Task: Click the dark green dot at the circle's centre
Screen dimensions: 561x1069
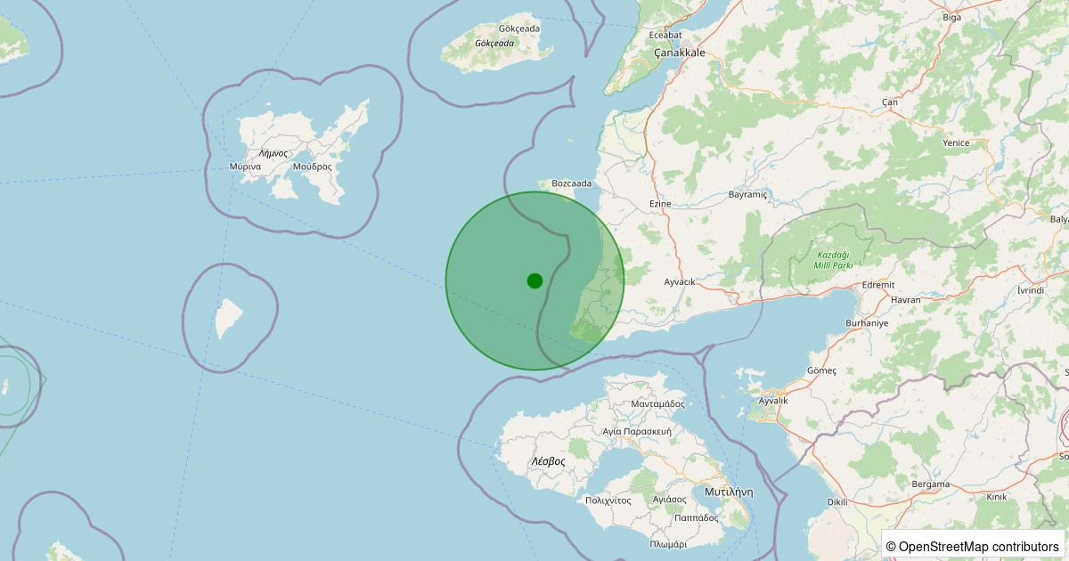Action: [534, 280]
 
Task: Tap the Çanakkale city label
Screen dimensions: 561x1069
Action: [679, 53]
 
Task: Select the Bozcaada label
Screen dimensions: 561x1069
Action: [571, 183]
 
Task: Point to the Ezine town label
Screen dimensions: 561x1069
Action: [660, 204]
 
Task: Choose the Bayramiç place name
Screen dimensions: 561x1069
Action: [747, 194]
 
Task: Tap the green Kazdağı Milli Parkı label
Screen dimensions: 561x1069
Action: [834, 260]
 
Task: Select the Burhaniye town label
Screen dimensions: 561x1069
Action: [867, 323]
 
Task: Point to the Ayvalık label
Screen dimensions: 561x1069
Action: [772, 401]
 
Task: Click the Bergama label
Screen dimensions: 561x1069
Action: [930, 484]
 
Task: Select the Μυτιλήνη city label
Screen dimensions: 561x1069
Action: [729, 492]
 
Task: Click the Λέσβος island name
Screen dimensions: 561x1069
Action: [548, 461]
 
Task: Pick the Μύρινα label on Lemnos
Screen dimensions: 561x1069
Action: [244, 167]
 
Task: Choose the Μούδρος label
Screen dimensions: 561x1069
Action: [311, 167]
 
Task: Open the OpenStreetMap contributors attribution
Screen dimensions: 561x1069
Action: [973, 546]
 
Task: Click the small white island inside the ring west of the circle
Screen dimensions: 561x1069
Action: [228, 318]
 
